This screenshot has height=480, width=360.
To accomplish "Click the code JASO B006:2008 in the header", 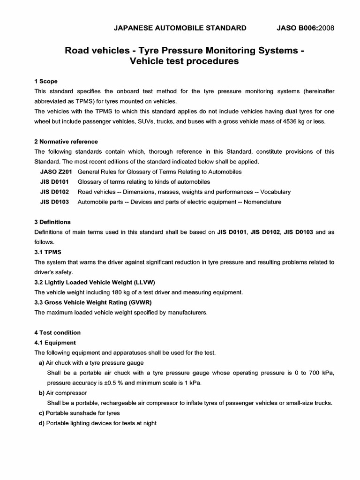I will tap(305, 28).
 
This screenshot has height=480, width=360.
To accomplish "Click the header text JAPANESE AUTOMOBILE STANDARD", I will tap(180, 28).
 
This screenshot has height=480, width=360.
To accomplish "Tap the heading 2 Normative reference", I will tap(66, 142).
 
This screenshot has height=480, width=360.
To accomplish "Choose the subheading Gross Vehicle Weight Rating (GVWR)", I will tap(93, 302).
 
